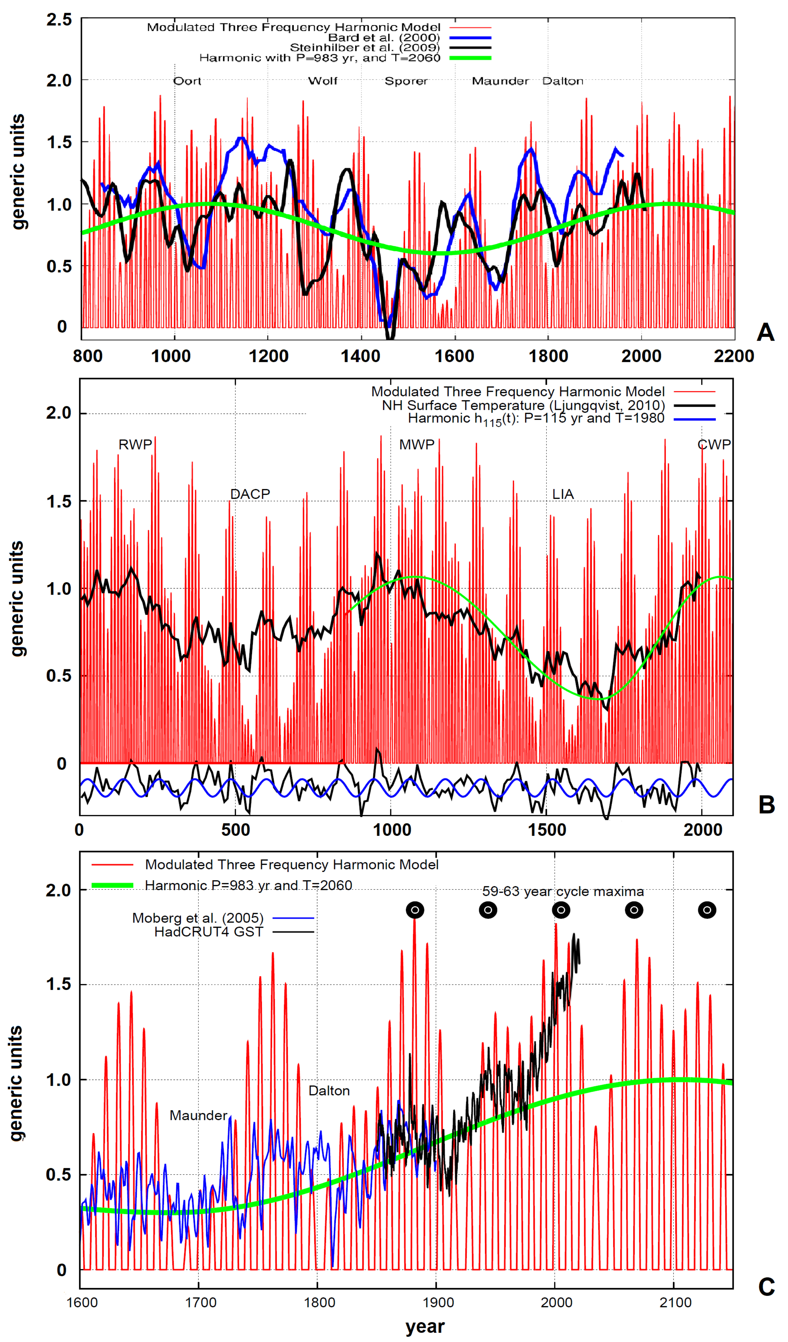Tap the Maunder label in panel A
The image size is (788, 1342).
500,81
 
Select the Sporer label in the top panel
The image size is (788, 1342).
406,81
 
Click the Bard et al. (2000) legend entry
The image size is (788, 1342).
384,37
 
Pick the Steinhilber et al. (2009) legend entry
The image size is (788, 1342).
365,47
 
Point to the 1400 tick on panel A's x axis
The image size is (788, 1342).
361,356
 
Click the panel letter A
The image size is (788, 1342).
765,332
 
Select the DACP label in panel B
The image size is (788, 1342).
250,494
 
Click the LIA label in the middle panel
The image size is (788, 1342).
563,494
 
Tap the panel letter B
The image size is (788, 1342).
766,805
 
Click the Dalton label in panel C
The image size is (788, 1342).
329,1091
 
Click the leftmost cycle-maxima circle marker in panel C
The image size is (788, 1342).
415,910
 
